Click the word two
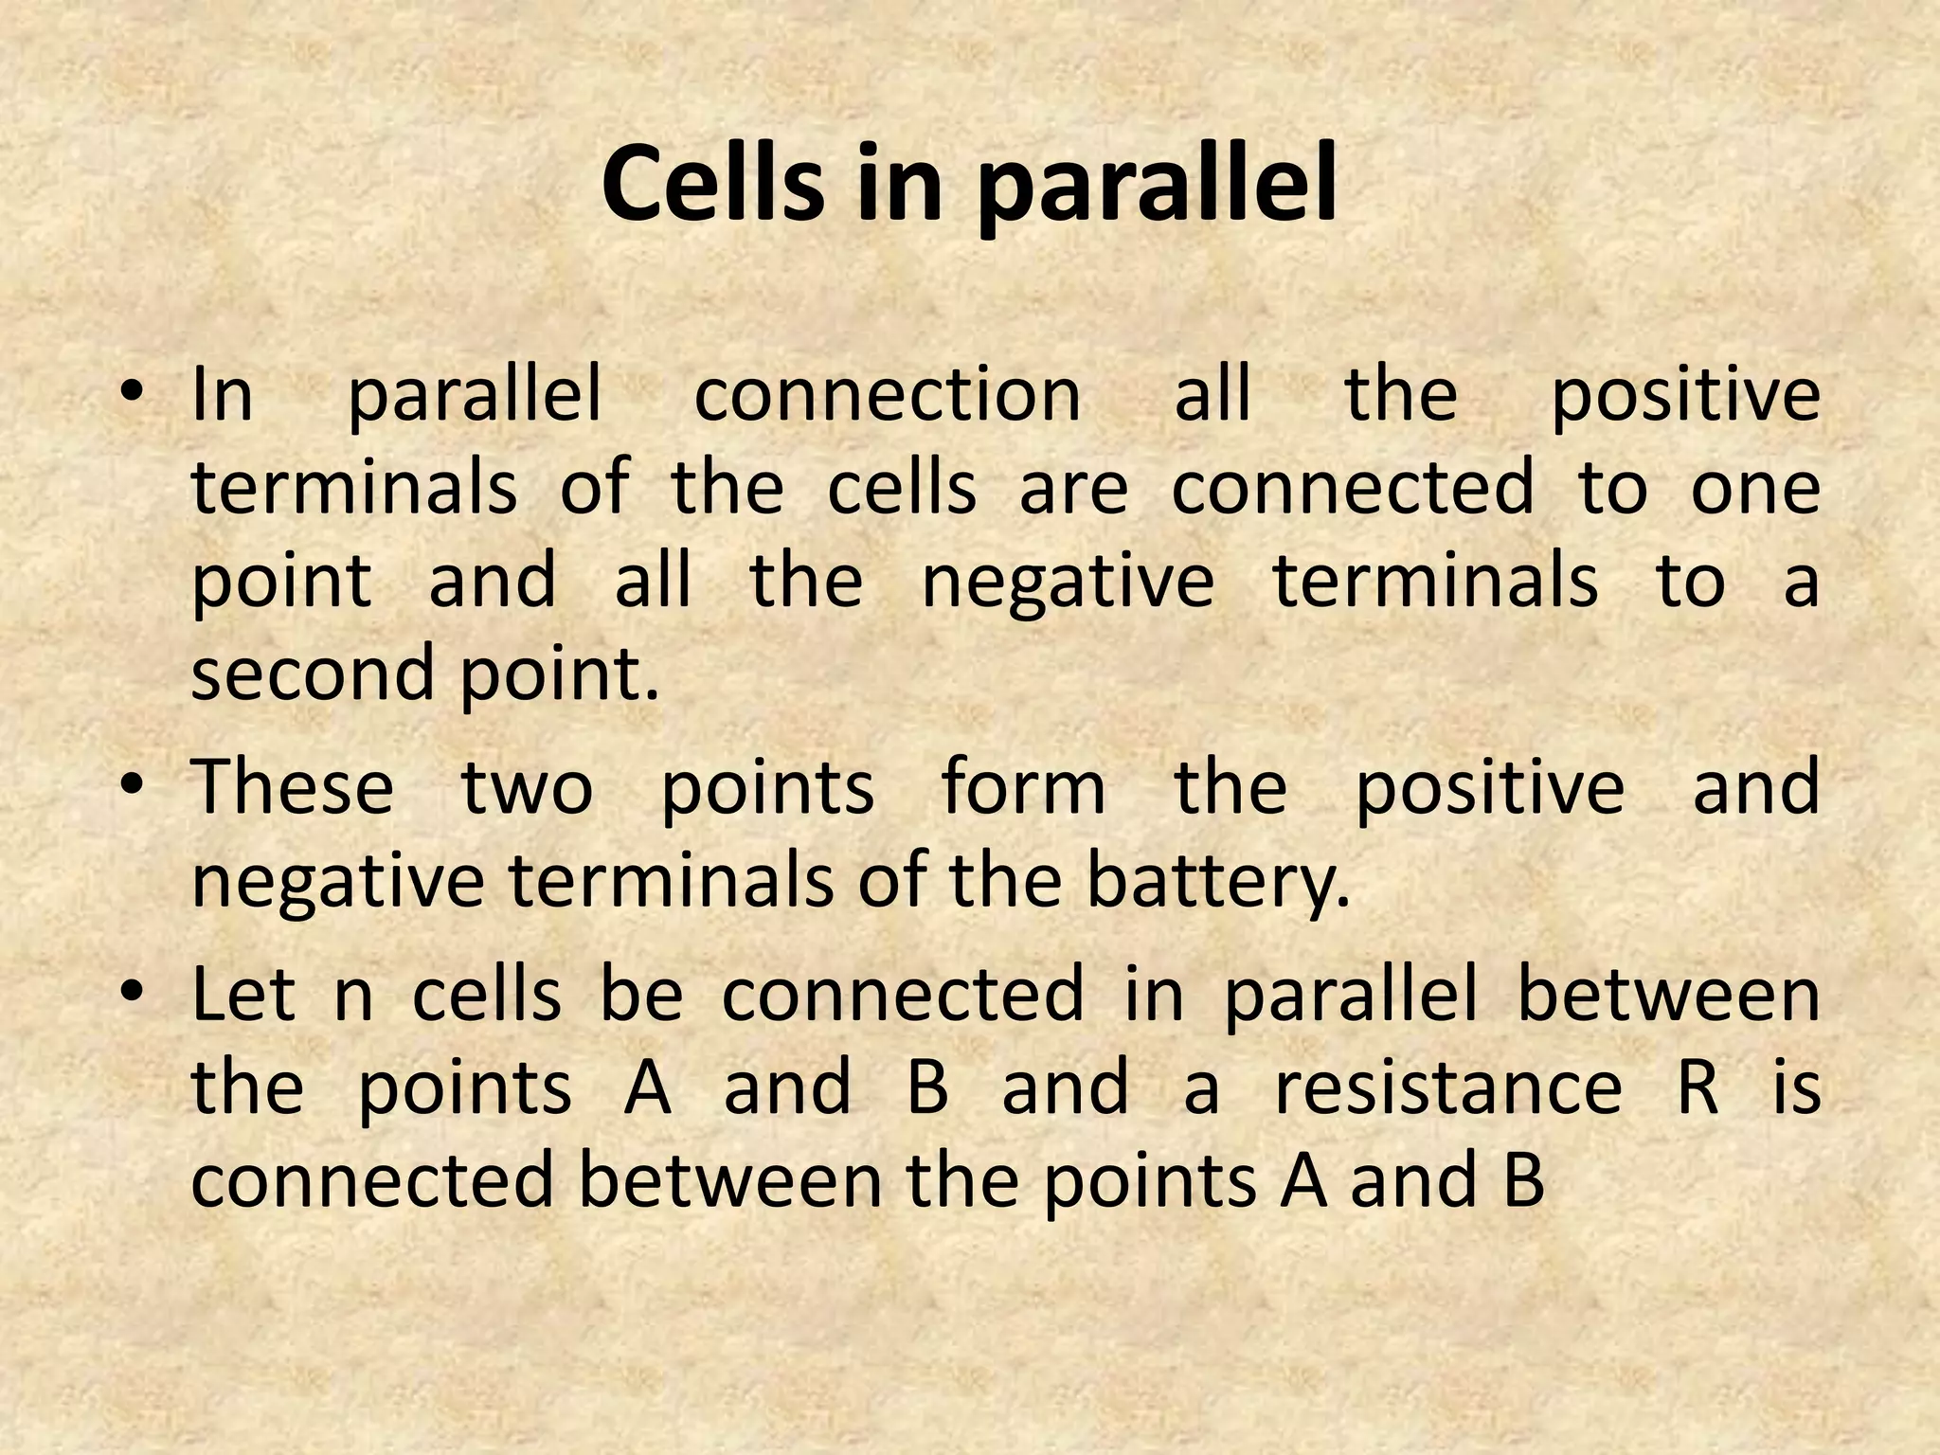527,788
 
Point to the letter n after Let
353,999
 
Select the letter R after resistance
1697,1087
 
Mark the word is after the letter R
1797,1087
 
